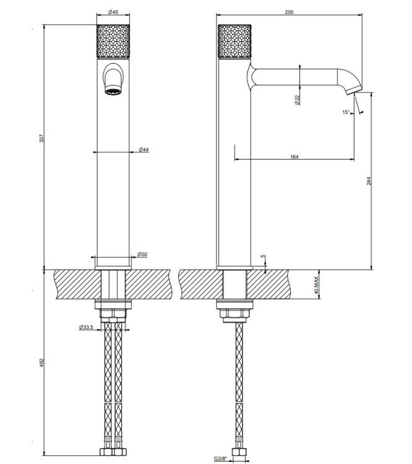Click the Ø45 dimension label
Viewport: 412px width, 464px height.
point(113,12)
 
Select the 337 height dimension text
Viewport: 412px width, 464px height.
point(41,138)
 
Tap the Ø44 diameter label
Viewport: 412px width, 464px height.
point(144,150)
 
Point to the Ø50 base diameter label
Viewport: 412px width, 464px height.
point(142,254)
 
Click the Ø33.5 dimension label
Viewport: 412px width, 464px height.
point(86,327)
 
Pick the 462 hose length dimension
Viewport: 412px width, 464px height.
point(41,363)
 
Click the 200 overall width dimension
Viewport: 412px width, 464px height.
point(289,12)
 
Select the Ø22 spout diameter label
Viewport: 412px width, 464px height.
point(297,100)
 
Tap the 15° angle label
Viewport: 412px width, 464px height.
point(346,112)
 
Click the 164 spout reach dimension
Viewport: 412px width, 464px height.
point(294,157)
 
